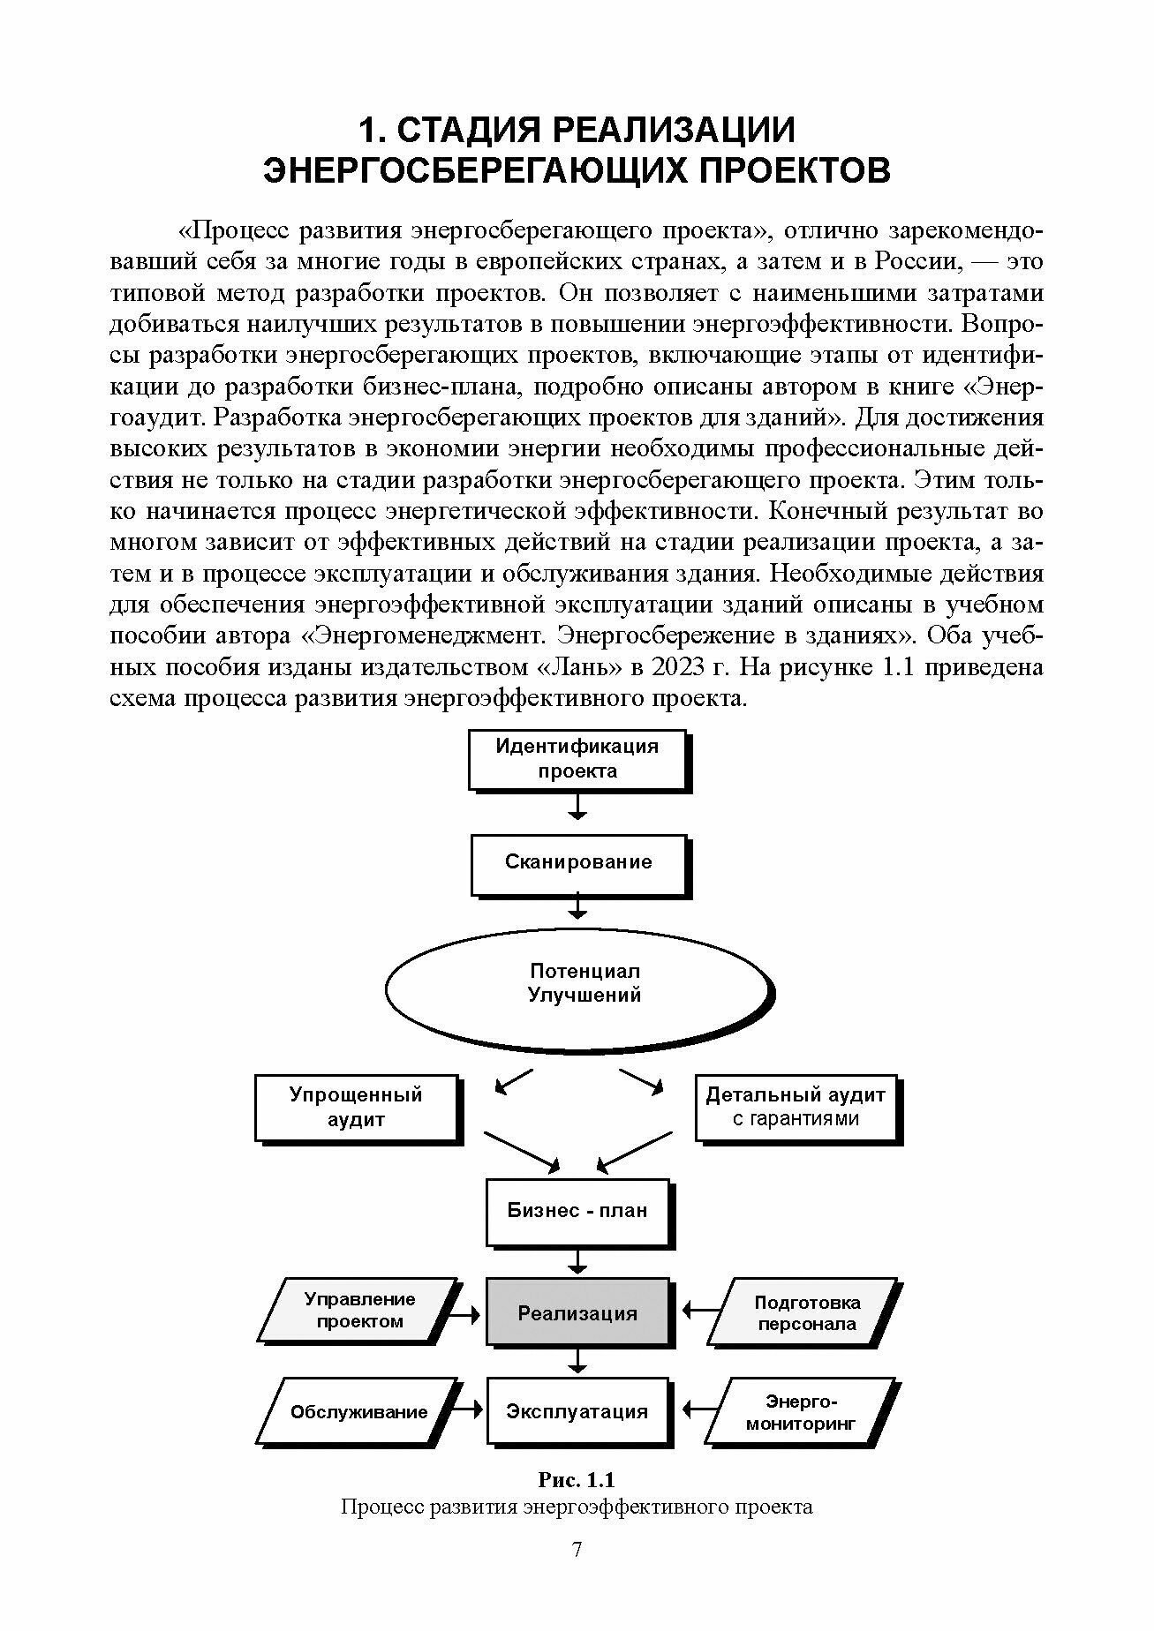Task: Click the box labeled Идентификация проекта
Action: (x=577, y=758)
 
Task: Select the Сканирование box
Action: (x=577, y=862)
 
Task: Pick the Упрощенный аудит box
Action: (x=357, y=1107)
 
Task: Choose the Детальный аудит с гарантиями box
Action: (x=796, y=1107)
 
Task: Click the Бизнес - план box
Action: (x=577, y=1210)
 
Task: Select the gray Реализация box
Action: (x=577, y=1312)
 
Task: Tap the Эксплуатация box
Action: (x=577, y=1411)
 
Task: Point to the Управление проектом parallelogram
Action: (x=359, y=1311)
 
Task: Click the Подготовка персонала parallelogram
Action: (x=806, y=1313)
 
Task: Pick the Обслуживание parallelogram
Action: (x=359, y=1412)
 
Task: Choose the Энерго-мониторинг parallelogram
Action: (x=801, y=1412)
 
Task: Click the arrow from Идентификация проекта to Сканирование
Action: (x=577, y=805)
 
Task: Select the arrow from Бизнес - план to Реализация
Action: (x=577, y=1259)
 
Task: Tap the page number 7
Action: (x=577, y=1550)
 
